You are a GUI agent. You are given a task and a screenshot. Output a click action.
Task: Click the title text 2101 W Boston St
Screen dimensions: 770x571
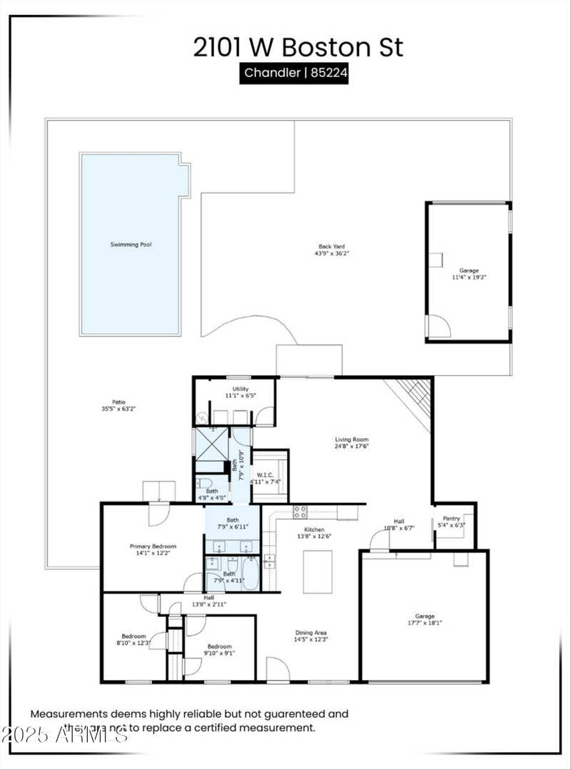click(298, 47)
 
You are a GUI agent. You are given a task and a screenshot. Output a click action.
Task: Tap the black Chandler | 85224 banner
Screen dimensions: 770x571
click(293, 73)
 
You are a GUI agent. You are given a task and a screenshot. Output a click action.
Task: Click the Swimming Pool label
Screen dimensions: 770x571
click(131, 244)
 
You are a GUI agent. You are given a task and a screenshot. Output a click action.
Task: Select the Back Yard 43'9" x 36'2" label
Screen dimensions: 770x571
click(332, 249)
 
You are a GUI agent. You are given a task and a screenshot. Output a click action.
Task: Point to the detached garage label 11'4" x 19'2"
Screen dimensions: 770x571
click(469, 274)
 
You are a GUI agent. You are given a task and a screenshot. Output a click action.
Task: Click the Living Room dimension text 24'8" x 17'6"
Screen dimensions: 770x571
click(352, 446)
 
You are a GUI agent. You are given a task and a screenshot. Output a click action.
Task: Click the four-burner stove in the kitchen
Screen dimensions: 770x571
click(300, 511)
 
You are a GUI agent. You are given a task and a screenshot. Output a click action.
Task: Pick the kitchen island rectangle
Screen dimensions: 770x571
click(318, 571)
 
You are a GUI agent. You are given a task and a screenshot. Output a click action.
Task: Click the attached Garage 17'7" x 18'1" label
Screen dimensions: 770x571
click(425, 619)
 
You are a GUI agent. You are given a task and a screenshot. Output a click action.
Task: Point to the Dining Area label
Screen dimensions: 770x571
click(311, 636)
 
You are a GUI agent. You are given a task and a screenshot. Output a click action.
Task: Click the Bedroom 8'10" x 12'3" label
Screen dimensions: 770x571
click(133, 640)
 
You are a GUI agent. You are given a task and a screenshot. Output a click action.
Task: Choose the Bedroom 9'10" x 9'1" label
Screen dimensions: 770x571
click(220, 649)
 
